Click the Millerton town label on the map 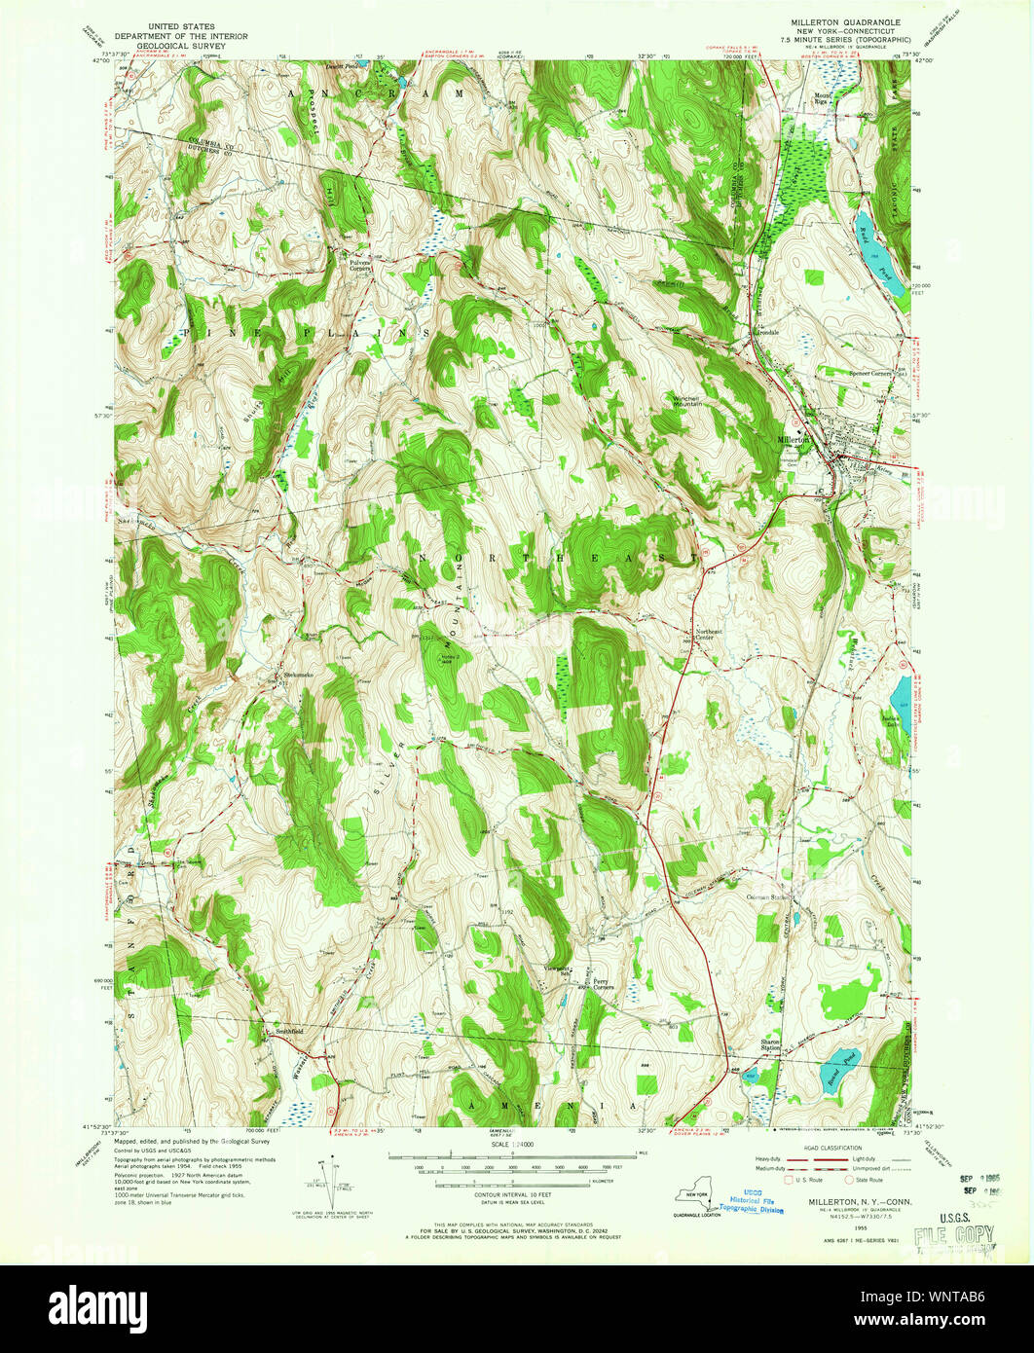pyautogui.click(x=794, y=440)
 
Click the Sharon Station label pyautogui.click(x=771, y=1044)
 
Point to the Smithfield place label pyautogui.click(x=289, y=1029)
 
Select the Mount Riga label pyautogui.click(x=824, y=98)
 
